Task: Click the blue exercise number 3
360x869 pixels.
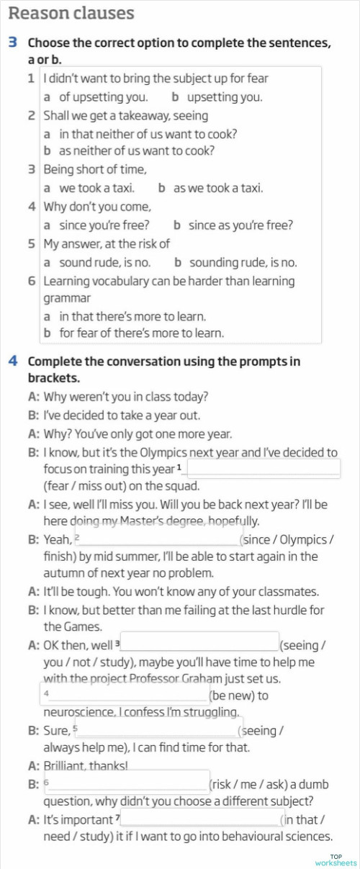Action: pyautogui.click(x=13, y=43)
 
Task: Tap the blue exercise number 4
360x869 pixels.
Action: pyautogui.click(x=13, y=361)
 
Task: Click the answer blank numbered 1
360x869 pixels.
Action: pyautogui.click(x=263, y=468)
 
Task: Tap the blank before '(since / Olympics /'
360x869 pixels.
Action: pyautogui.click(x=158, y=538)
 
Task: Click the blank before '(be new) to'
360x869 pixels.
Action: pyautogui.click(x=126, y=695)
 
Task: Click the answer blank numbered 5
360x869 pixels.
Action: pyautogui.click(x=159, y=729)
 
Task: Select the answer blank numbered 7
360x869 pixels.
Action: pyautogui.click(x=202, y=818)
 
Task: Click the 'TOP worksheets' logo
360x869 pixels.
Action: pyautogui.click(x=335, y=859)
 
